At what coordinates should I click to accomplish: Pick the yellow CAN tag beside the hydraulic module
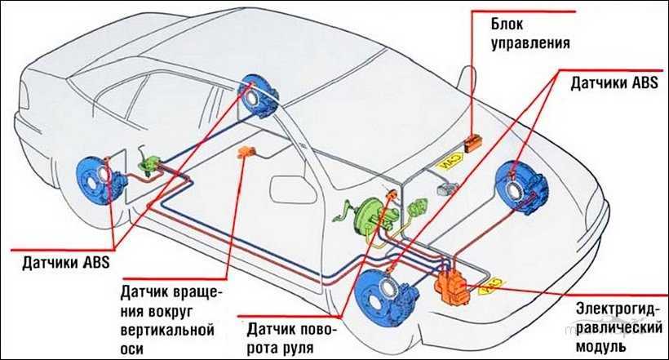click(493, 287)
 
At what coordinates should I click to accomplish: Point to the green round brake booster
click(362, 216)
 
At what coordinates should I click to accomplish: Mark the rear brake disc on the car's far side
click(260, 97)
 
